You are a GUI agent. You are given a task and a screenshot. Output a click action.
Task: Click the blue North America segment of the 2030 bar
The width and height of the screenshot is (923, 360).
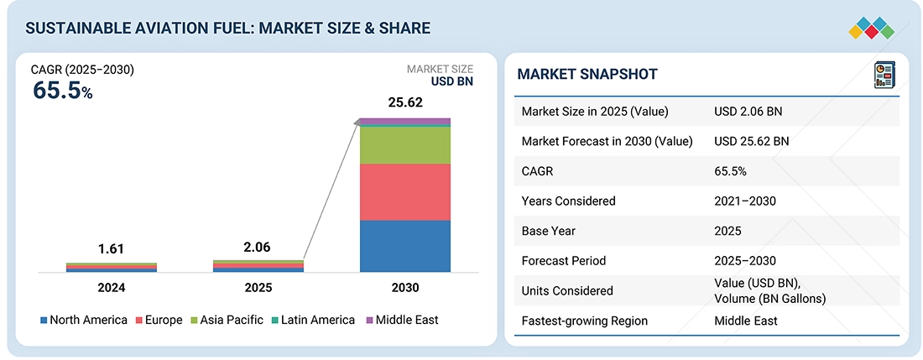pyautogui.click(x=404, y=246)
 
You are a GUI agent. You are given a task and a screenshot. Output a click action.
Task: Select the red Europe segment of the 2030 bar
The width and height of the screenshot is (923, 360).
pyautogui.click(x=404, y=191)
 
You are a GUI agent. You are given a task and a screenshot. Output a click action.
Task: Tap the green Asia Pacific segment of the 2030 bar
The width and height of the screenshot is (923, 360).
pyautogui.click(x=404, y=145)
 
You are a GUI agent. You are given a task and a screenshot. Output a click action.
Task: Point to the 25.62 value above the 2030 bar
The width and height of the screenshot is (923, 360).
pyautogui.click(x=404, y=102)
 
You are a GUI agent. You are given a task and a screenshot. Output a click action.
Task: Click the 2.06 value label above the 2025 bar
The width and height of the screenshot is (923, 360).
pyautogui.click(x=258, y=248)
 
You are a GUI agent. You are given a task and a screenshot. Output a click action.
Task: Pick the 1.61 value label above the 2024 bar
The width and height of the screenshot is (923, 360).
pyautogui.click(x=111, y=249)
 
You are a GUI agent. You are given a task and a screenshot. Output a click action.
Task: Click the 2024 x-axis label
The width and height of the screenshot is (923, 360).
pyautogui.click(x=111, y=288)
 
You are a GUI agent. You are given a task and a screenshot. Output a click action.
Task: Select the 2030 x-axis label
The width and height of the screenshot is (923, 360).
pyautogui.click(x=404, y=288)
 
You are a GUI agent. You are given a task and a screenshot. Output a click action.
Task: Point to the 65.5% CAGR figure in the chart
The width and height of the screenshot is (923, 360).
pyautogui.click(x=62, y=91)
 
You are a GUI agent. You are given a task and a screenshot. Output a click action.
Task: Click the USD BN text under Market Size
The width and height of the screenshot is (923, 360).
pyautogui.click(x=452, y=82)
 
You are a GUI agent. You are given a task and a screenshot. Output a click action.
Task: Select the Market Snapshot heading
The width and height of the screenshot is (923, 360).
pyautogui.click(x=587, y=75)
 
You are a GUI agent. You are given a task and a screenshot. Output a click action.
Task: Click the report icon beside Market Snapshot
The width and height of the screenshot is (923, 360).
pyautogui.click(x=884, y=73)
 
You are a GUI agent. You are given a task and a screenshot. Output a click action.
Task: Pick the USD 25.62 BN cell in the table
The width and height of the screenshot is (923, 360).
pyautogui.click(x=751, y=141)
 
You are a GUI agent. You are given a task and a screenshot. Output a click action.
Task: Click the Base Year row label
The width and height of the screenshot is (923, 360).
pyautogui.click(x=550, y=231)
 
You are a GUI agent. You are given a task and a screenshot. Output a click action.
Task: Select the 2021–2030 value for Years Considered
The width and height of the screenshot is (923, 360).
pyautogui.click(x=744, y=201)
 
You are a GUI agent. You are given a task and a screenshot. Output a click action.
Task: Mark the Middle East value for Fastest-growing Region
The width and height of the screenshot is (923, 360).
pyautogui.click(x=745, y=321)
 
